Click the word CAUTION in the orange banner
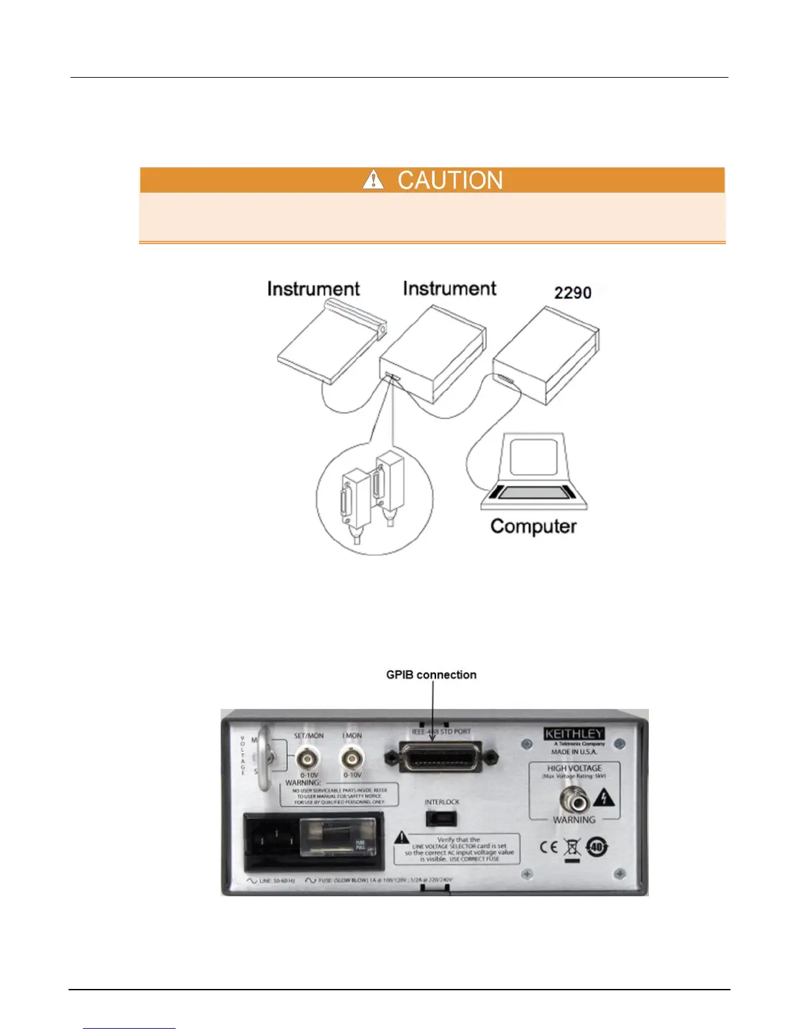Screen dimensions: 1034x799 [x=450, y=180]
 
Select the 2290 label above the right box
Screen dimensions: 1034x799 [x=572, y=292]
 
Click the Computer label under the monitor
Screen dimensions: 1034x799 [x=533, y=526]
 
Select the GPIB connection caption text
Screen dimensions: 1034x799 [x=431, y=675]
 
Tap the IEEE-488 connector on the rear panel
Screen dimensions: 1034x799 [x=443, y=757]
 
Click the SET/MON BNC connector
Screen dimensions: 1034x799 [x=308, y=758]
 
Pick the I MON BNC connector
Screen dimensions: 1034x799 [x=352, y=758]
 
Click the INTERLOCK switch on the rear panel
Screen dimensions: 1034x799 [x=441, y=818]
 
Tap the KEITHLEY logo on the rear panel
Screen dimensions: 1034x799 [x=574, y=734]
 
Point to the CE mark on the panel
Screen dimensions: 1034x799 [x=549, y=847]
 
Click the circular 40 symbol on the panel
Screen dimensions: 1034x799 [x=597, y=847]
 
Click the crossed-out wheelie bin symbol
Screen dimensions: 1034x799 [x=572, y=849]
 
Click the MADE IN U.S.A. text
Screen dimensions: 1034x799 [x=574, y=752]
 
